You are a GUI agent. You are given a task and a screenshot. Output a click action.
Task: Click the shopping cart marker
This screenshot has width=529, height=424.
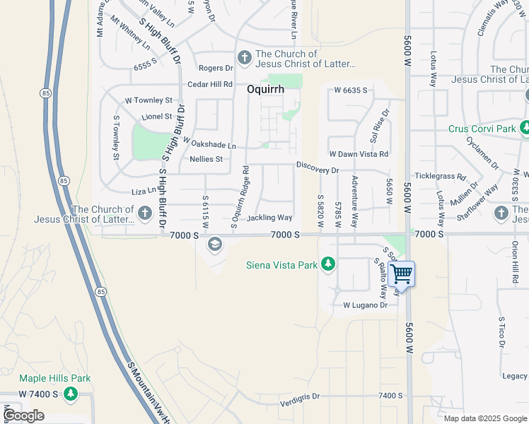[x=401, y=273]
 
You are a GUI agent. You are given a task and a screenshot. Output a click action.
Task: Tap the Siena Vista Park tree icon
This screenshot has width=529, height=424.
[x=327, y=265]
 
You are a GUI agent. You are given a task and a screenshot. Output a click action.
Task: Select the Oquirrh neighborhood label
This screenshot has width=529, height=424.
[x=266, y=90]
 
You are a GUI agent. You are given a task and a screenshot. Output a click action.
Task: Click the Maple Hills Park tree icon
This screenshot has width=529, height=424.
[x=70, y=393]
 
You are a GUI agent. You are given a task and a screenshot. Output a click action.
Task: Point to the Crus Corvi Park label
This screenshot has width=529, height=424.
[x=482, y=129]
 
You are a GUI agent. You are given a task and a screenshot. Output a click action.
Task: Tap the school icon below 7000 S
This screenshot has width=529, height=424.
[x=214, y=245]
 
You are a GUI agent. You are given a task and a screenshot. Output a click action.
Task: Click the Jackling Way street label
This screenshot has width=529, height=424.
[x=269, y=218]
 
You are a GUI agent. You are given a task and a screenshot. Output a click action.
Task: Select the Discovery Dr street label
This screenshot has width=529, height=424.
[x=318, y=170]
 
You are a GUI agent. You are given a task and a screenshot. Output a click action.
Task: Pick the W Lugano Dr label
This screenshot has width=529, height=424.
[x=365, y=305]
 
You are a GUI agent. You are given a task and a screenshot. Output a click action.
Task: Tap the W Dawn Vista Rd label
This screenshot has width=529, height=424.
[x=359, y=153]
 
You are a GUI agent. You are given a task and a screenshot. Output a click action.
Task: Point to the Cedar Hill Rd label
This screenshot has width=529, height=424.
[x=210, y=84]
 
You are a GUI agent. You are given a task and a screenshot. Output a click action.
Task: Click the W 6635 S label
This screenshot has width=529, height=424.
[x=351, y=90]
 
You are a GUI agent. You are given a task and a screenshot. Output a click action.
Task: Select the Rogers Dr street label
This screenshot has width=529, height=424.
[x=216, y=68]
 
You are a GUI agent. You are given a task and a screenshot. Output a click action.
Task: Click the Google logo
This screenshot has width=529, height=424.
[x=23, y=416]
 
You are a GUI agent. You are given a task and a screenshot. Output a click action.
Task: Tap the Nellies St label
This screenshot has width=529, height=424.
[x=206, y=159]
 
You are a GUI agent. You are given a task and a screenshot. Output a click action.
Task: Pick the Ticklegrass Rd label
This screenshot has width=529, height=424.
[x=441, y=176]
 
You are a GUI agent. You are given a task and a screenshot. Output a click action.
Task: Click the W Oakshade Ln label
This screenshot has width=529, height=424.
[x=209, y=143]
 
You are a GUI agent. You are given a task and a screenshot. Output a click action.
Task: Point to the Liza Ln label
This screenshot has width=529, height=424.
[x=144, y=192]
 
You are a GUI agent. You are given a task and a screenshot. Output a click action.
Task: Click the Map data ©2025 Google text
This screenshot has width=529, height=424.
[x=484, y=418]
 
